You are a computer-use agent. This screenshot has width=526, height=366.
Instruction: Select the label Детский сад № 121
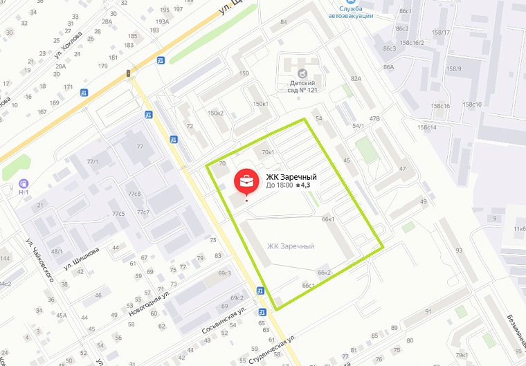[x=303, y=86]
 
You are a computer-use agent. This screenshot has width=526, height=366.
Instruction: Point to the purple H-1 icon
[x=25, y=187]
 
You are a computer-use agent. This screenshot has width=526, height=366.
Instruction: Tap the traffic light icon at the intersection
[x=128, y=73]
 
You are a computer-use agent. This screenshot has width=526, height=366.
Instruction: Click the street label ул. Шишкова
[x=81, y=257]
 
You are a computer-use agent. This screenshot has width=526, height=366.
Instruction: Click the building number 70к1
[x=269, y=152]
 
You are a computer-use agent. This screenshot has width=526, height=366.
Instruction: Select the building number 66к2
[x=325, y=273]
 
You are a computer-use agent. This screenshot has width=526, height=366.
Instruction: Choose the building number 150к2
[x=216, y=113]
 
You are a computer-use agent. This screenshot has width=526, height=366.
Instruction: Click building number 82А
[x=356, y=79]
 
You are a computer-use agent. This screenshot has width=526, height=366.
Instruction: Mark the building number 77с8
[x=134, y=194]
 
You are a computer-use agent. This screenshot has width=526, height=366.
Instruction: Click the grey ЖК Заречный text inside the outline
[x=291, y=246]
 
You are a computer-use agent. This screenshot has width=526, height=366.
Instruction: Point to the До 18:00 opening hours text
[x=279, y=185]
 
